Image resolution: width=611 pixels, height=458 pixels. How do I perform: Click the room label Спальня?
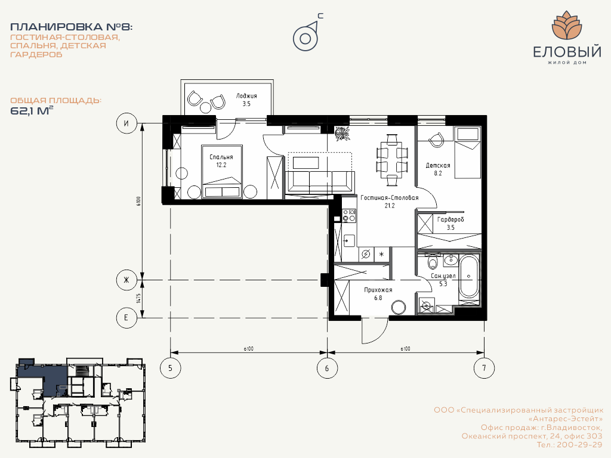pos(221,157)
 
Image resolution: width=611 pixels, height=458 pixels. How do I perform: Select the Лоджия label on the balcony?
pos(246,96)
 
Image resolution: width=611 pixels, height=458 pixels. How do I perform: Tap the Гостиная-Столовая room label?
pos(389,197)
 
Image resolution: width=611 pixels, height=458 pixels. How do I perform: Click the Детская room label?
pos(437,165)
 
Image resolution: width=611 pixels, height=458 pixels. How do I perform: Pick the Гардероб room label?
pos(450,219)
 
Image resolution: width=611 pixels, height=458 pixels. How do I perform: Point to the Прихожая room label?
pos(378,290)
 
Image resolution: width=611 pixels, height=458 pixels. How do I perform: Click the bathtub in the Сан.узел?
pos(469,277)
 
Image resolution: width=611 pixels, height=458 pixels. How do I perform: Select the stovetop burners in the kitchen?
pos(349,215)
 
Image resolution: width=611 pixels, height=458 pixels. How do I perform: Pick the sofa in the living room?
pos(320,181)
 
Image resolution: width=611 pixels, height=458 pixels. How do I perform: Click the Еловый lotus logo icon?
pos(567,25)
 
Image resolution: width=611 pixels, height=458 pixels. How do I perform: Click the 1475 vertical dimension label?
pos(138,299)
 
